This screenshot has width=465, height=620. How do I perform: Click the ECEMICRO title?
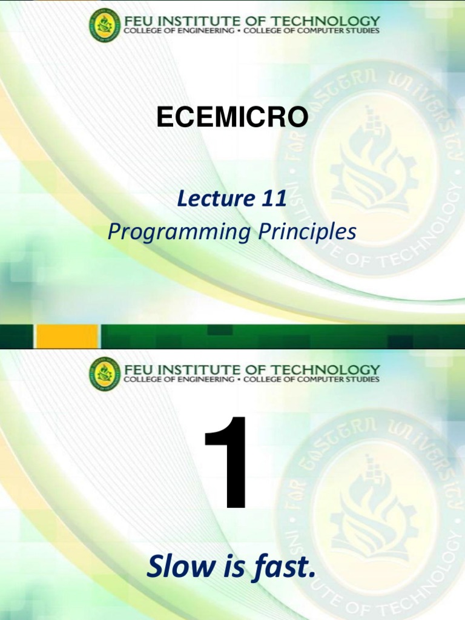coord(232,117)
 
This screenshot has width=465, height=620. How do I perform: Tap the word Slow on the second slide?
coord(177,567)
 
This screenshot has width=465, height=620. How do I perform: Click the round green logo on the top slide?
coord(105,25)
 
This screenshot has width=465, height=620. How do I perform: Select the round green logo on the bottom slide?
coord(105,373)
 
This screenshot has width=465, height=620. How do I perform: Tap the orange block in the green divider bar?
coord(67,336)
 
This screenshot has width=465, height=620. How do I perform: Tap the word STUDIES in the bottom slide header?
coord(361,380)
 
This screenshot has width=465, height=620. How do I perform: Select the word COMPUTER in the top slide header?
coord(318,31)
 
